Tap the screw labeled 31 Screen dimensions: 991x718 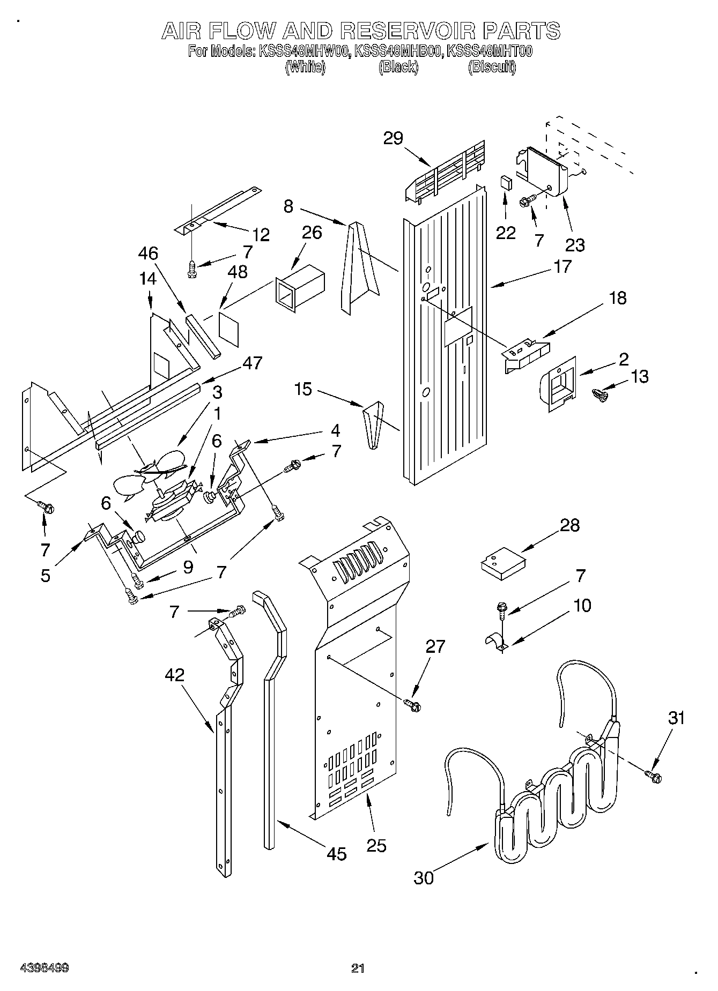653,774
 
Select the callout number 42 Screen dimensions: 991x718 175,675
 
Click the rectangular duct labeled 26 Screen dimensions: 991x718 299,288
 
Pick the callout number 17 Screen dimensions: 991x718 562,266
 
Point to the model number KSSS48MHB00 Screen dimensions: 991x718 398,52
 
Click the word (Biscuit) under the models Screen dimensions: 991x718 492,68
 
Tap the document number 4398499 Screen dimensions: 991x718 44,968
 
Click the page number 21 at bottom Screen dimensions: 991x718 358,968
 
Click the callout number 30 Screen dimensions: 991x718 424,878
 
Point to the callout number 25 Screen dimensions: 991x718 376,845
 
